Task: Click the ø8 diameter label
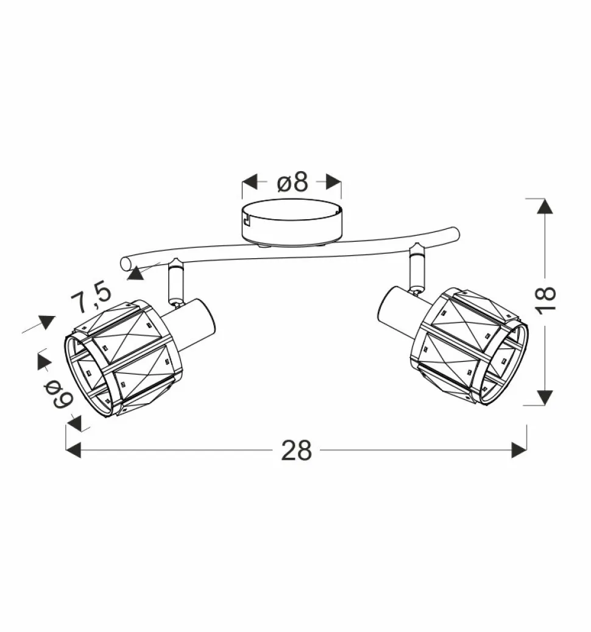coord(292,182)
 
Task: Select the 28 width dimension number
coord(296,451)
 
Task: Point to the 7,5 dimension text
coord(90,297)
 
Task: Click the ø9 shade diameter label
coord(61,394)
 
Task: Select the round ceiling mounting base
coord(291,223)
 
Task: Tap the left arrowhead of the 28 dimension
coord(73,451)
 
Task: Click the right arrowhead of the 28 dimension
coord(519,451)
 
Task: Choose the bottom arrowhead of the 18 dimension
coord(545,398)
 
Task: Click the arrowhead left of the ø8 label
coord(250,182)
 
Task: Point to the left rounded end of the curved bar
coord(126,263)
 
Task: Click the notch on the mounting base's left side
coord(246,216)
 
